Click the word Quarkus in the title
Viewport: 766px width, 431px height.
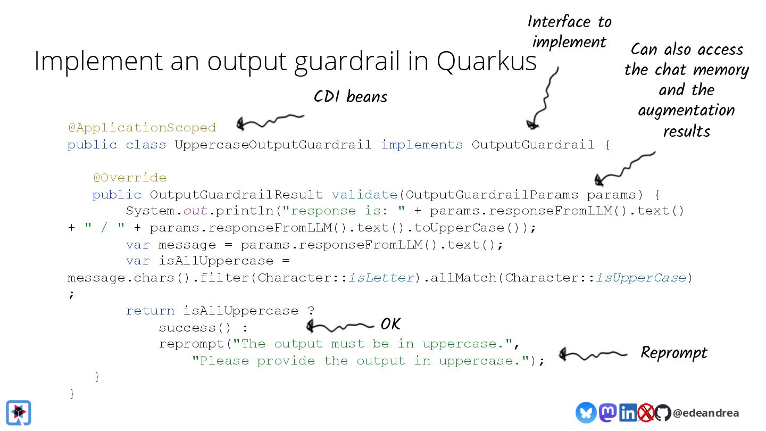point(486,61)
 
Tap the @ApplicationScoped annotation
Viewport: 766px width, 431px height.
point(142,128)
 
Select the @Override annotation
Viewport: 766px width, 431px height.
point(129,178)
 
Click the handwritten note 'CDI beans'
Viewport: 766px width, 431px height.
point(350,96)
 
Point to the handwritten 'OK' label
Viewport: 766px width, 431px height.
point(390,324)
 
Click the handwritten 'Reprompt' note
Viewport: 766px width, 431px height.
point(673,352)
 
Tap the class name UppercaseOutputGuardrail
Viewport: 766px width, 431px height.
point(273,145)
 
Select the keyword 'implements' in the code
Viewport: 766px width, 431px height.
point(422,145)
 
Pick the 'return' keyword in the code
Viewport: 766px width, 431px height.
point(150,311)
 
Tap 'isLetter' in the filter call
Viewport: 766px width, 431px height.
point(381,278)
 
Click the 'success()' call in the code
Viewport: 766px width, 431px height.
point(195,327)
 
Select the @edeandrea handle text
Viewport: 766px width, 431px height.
point(705,413)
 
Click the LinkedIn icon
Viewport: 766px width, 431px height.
point(628,413)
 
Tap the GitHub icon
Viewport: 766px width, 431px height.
point(662,413)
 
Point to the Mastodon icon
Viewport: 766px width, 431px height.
point(607,412)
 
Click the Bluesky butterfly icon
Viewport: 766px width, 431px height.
point(586,412)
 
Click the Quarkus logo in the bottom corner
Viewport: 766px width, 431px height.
point(19,412)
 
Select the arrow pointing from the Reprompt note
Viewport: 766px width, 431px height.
point(593,354)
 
